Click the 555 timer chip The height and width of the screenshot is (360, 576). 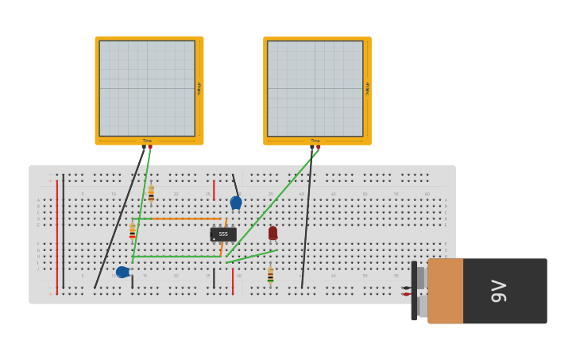click(x=223, y=234)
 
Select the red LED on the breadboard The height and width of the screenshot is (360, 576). click(x=273, y=233)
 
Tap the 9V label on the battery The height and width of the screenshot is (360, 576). click(x=498, y=291)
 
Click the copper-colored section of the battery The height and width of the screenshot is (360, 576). click(x=446, y=291)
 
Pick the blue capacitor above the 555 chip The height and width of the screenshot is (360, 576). click(x=236, y=203)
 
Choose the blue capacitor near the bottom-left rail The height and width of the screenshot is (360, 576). click(x=122, y=272)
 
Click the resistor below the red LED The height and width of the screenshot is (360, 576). click(x=270, y=275)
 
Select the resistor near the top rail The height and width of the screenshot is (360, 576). click(x=151, y=193)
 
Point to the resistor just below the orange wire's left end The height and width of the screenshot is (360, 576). click(x=132, y=231)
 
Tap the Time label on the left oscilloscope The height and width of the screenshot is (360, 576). click(x=147, y=141)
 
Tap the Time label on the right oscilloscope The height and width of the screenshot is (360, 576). click(x=315, y=141)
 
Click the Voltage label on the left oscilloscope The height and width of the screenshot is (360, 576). click(x=199, y=88)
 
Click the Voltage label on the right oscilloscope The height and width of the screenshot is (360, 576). click(x=367, y=88)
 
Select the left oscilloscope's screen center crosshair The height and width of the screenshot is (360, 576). click(x=147, y=88)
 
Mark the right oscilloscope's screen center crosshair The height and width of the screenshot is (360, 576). click(x=315, y=88)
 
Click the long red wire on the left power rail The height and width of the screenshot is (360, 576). click(x=57, y=238)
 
